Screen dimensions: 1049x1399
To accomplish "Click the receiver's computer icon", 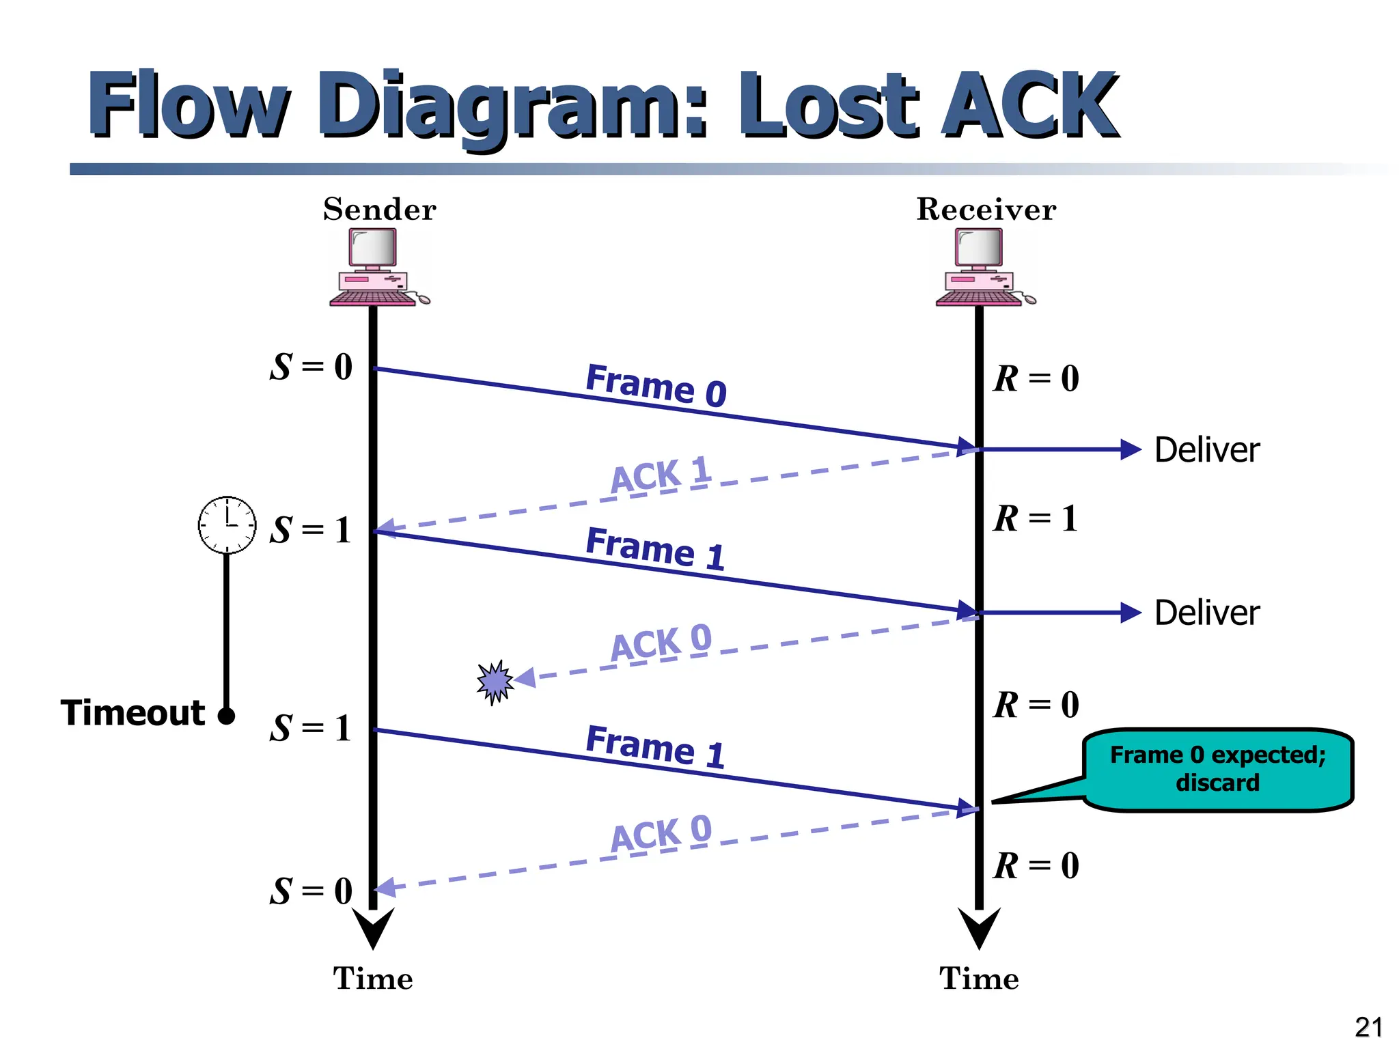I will [982, 267].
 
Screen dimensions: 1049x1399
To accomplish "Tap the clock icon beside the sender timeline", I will [227, 524].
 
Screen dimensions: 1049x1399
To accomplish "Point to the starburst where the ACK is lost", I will [495, 681].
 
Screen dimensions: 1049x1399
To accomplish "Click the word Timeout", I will [133, 713].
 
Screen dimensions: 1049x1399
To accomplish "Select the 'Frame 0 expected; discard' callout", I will [1217, 769].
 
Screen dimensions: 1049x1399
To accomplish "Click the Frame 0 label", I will [656, 385].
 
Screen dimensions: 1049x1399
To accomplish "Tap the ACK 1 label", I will [661, 474].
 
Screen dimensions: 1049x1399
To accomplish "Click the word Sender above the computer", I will [379, 210].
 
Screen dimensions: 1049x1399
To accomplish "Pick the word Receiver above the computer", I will [986, 210].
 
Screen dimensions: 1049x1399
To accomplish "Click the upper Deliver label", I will [1206, 450].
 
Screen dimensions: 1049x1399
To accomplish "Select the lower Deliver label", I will [1206, 613].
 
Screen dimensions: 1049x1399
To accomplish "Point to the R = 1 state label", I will [1036, 518].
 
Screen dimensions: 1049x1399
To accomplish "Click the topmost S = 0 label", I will [311, 367].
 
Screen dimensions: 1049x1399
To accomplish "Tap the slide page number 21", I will [1368, 1027].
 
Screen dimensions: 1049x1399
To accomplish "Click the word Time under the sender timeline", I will [373, 979].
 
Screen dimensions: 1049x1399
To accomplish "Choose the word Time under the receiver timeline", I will [979, 979].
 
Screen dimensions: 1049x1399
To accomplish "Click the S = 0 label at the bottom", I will [311, 891].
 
